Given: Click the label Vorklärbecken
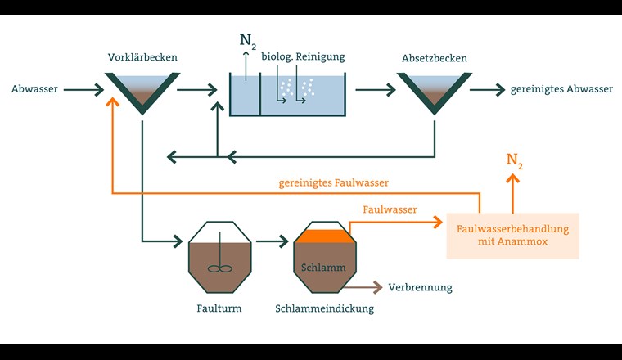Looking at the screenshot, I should coord(142,57).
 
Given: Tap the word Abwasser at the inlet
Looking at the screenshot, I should coord(34,88).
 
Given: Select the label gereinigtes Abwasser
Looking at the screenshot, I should coord(561,89).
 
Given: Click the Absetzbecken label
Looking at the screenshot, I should coord(434,57).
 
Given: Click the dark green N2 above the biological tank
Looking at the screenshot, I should coord(247,40).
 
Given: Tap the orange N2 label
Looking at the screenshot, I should coord(514,160).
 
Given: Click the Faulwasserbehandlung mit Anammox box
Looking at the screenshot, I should coord(512,236).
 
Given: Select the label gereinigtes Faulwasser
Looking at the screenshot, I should coord(333,182).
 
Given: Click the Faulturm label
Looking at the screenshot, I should coord(219,308).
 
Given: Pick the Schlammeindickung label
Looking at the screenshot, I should coord(325,308).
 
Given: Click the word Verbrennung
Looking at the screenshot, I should coord(420,287).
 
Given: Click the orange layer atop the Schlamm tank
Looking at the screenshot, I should coord(325,236).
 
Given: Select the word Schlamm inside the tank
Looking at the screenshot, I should coord(324,268).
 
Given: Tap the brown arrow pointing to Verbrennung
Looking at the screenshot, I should coord(364,287).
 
